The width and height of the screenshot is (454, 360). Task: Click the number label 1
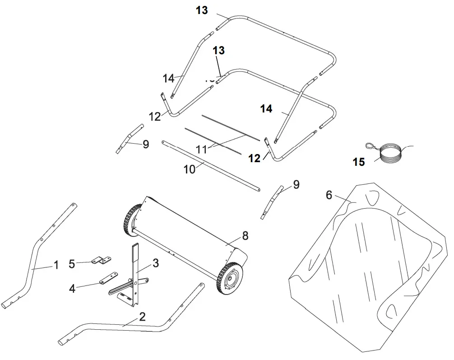point(56,265)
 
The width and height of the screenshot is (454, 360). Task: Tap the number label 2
point(142,317)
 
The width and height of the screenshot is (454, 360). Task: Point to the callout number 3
point(155,263)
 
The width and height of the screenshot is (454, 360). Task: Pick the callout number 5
point(72,262)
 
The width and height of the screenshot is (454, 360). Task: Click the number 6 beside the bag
point(329,195)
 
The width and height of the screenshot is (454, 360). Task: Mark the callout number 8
point(245,235)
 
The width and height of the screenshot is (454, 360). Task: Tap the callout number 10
point(190,169)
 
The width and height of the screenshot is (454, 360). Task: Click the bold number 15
point(359,162)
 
